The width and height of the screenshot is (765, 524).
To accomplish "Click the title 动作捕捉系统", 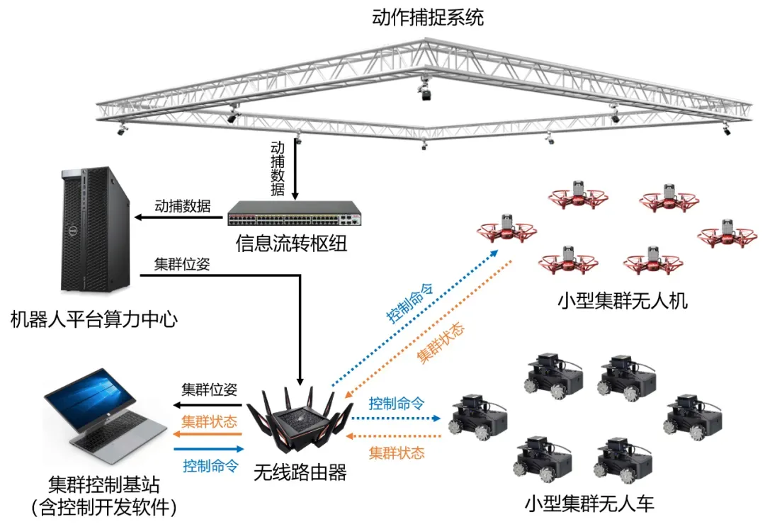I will pos(428,18).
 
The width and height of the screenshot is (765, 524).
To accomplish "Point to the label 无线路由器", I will pos(300,472).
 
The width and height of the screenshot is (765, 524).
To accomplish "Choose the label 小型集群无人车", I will pos(590,503).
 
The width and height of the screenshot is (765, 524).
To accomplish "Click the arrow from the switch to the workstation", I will pos(181,217).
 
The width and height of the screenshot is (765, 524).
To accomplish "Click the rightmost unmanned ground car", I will pos(691,415).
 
